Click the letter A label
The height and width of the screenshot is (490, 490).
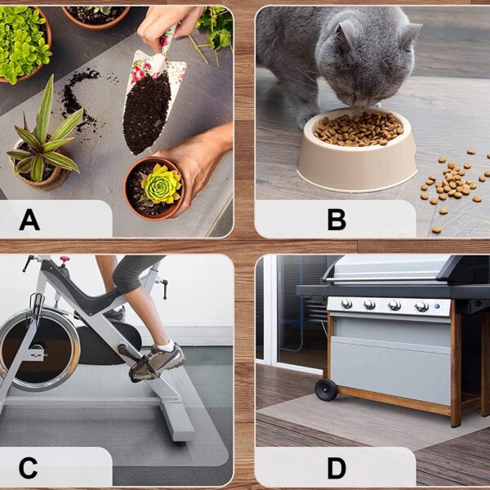29,220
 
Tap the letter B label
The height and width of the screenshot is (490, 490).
336,220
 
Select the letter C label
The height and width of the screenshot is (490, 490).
28,467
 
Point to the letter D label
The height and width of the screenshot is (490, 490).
336,467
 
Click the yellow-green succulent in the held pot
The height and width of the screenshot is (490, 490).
161,184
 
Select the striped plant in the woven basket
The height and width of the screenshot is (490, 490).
44,137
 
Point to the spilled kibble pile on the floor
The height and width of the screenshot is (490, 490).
453,185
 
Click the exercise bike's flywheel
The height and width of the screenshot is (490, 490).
39,350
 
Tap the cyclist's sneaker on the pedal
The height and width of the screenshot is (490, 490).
158,363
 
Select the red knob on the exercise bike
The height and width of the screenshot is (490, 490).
65,259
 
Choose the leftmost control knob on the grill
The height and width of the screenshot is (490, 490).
346,304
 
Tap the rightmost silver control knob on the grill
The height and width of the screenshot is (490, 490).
421,307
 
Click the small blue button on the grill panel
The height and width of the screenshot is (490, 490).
437,306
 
